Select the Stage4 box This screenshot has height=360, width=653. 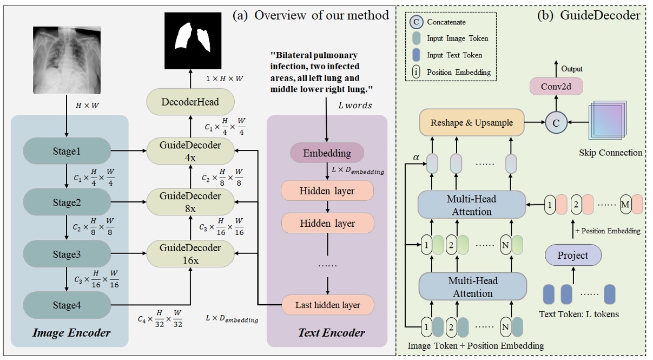pyautogui.click(x=66, y=305)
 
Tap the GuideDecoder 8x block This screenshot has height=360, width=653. pyautogui.click(x=190, y=202)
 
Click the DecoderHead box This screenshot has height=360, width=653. pyautogui.click(x=190, y=102)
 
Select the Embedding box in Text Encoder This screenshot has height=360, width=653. pyautogui.click(x=327, y=153)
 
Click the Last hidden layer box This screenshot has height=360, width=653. pyautogui.click(x=327, y=305)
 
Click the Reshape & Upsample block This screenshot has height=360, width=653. pyautogui.click(x=472, y=122)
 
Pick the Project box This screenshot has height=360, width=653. pyautogui.click(x=572, y=255)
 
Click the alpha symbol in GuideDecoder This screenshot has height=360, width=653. pyautogui.click(x=415, y=157)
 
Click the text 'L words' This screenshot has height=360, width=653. pyautogui.click(x=354, y=106)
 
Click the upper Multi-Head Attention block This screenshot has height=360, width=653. pyautogui.click(x=472, y=205)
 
